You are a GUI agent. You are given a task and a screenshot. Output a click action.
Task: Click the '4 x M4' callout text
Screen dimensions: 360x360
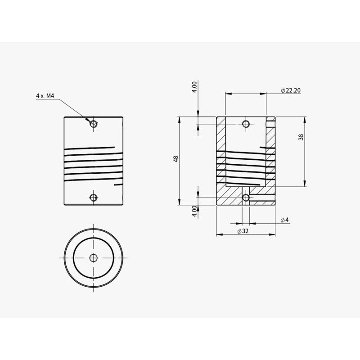coord(45,96)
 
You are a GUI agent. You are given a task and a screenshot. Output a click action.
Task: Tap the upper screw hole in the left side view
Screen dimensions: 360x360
coord(93,124)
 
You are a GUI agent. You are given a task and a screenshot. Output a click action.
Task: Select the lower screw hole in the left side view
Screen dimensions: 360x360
coord(93,198)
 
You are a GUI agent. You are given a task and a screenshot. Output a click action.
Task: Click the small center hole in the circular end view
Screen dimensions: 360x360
coord(93,257)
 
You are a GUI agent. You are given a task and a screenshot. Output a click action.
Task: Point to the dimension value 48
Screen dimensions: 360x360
coord(176,159)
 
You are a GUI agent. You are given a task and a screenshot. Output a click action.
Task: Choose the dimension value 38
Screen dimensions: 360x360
coord(301,137)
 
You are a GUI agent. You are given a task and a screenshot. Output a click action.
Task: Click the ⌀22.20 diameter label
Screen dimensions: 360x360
coord(290,90)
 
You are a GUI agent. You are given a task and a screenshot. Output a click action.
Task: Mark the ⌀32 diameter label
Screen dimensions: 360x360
coord(243,231)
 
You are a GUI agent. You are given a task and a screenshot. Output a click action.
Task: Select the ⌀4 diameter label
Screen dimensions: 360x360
coord(284,220)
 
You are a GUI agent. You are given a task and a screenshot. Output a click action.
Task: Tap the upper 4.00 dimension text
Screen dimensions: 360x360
coord(194,86)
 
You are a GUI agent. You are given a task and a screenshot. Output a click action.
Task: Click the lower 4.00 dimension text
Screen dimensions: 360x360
coord(194,211)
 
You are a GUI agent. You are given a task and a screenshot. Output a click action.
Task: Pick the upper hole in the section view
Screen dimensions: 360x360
coord(246,124)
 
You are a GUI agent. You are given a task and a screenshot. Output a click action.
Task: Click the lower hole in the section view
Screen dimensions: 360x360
coord(246,198)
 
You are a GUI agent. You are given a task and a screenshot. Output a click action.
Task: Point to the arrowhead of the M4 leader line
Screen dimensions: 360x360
coord(88,120)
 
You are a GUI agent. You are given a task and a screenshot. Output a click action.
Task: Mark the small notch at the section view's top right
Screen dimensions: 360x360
coord(270,120)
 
